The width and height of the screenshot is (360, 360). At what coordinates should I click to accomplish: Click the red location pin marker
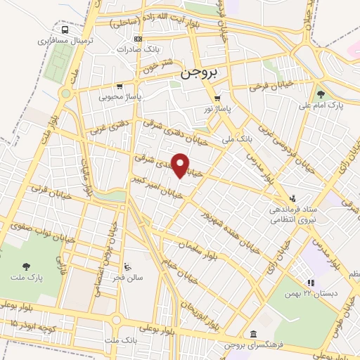pos(181,165)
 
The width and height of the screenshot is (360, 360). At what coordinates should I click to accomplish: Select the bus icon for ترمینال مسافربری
pos(65,30)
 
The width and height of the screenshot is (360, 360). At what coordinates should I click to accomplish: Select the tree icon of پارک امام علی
pos(321,94)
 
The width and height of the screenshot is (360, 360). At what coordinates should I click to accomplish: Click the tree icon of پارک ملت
pos(27,266)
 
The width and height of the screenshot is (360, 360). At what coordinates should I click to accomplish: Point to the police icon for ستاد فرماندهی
pos(292,198)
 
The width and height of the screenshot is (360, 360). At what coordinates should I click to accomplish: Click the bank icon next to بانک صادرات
pos(138,39)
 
